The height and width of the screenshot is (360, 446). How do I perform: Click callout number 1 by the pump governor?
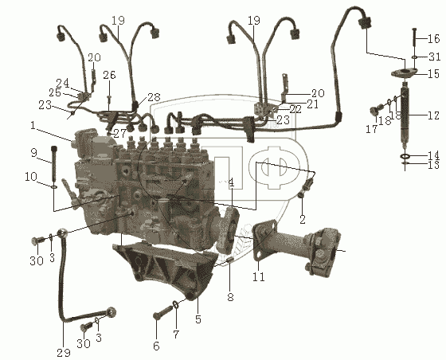pos(33,125)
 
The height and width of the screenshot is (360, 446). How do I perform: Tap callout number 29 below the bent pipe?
pos(64,353)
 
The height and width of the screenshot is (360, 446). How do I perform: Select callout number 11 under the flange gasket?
pos(259,276)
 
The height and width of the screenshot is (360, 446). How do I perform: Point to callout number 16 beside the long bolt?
pos(434,38)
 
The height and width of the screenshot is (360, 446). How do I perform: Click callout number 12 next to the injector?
pos(433,115)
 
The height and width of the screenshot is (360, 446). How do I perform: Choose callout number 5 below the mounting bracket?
pos(198,319)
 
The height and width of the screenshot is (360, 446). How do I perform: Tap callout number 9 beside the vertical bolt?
pos(33,153)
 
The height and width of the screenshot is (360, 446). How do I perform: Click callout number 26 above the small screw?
pos(110,75)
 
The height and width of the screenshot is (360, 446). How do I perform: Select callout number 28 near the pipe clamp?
pos(154,97)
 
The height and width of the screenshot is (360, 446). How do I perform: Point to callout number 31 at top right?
pos(434,57)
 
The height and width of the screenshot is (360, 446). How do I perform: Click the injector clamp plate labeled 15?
pos(404,73)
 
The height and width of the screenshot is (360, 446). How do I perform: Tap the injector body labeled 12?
pos(405,114)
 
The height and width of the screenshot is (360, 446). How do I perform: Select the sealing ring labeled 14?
pos(405,156)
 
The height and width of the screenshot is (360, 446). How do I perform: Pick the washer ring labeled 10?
pos(54,187)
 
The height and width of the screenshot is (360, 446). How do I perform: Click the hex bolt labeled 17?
pos(375,110)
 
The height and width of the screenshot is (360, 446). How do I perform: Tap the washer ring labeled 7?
pos(176,305)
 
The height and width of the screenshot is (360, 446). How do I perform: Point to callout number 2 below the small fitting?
pos(303,219)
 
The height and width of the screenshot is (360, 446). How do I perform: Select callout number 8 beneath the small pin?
pos(230,297)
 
